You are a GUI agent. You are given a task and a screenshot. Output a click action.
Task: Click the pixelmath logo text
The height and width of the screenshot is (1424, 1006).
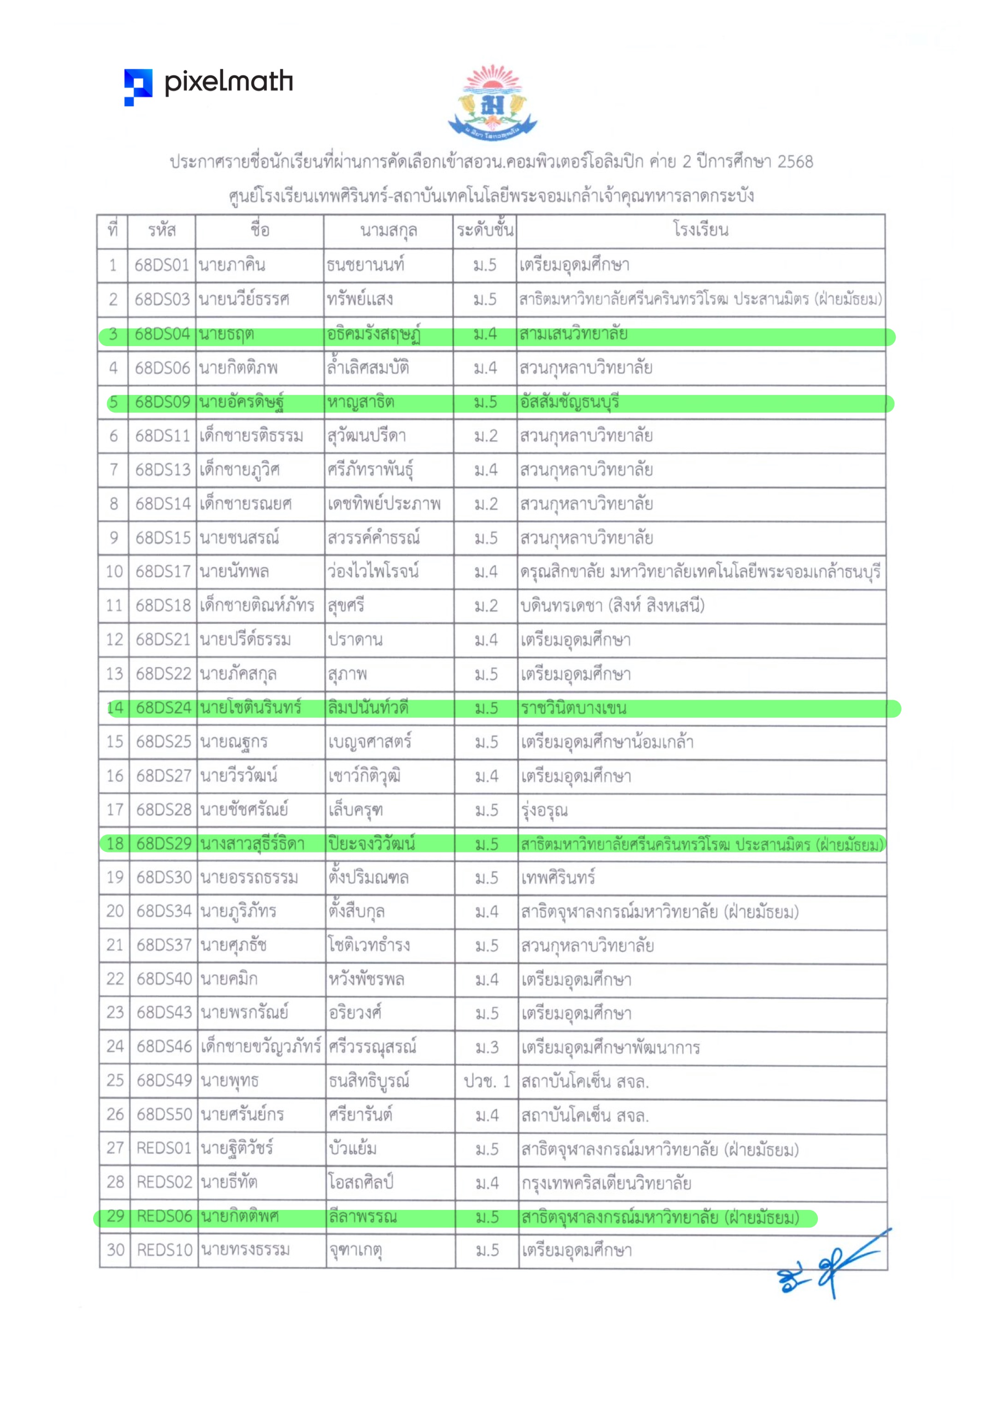click(x=228, y=83)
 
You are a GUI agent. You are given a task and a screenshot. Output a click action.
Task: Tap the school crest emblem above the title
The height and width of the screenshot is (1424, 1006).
click(x=493, y=102)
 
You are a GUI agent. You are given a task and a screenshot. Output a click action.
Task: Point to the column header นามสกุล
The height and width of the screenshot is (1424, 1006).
click(x=388, y=231)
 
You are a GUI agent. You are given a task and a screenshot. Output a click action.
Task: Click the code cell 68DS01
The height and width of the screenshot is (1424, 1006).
click(x=162, y=265)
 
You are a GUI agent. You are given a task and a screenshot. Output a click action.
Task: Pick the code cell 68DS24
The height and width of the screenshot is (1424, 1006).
click(x=163, y=708)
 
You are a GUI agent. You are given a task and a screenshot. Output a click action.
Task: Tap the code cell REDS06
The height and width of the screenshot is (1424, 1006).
click(x=164, y=1216)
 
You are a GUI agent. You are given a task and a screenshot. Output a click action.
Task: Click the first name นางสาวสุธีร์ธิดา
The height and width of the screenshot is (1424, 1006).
click(x=252, y=844)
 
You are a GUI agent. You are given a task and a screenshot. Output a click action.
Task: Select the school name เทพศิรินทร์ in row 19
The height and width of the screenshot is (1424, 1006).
click(x=558, y=878)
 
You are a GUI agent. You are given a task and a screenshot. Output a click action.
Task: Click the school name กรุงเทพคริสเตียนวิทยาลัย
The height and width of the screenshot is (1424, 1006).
click(x=606, y=1183)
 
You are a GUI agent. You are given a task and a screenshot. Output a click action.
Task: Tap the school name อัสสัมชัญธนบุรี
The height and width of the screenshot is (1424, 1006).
click(x=570, y=402)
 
